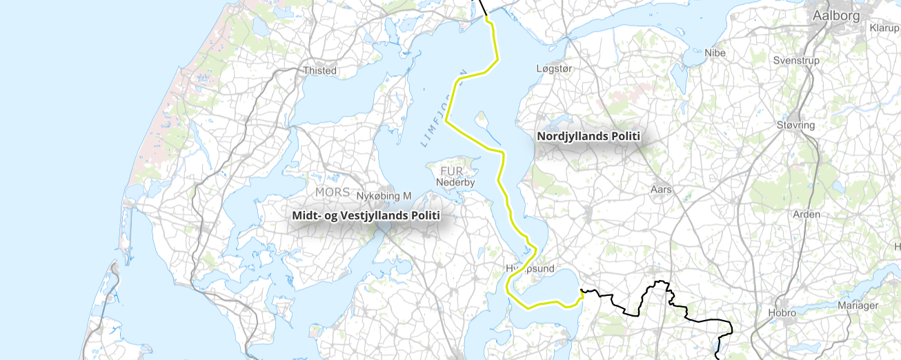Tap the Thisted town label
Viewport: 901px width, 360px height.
coord(320,70)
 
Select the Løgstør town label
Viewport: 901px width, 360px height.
coord(555,68)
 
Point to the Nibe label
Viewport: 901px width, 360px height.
coord(715,52)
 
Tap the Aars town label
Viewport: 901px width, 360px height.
coord(661,189)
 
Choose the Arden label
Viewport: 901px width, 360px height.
coord(806,214)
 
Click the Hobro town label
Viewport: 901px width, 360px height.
coord(782,312)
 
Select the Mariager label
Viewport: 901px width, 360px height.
coord(858,306)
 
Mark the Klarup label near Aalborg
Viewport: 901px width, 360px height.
coord(884,28)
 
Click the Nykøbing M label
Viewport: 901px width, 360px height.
coord(384,196)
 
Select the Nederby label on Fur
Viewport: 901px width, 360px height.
coord(455,183)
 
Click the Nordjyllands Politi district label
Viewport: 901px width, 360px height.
coord(588,137)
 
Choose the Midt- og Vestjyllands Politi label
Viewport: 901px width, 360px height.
coord(366,216)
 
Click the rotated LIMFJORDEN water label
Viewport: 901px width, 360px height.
coord(444,108)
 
